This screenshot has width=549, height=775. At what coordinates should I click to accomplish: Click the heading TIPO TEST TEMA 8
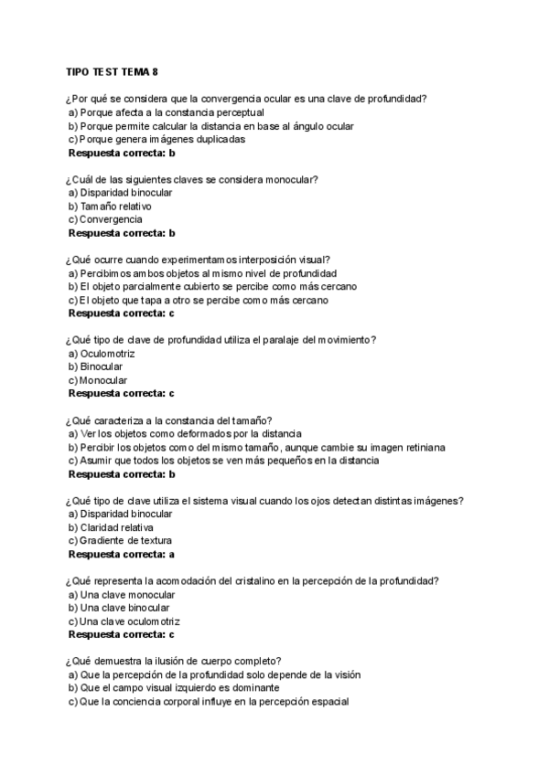point(120,72)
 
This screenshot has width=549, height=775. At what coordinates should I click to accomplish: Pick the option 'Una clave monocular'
point(122,594)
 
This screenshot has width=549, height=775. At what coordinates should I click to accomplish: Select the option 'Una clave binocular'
point(120,607)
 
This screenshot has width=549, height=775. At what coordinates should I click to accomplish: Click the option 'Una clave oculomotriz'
point(125,621)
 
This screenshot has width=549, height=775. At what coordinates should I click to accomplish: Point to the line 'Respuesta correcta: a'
point(122,554)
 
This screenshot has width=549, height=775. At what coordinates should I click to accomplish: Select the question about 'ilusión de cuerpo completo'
point(173,662)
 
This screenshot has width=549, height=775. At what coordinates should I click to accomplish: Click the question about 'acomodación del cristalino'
point(251,580)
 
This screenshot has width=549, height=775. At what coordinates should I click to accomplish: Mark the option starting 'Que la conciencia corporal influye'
point(209,701)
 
